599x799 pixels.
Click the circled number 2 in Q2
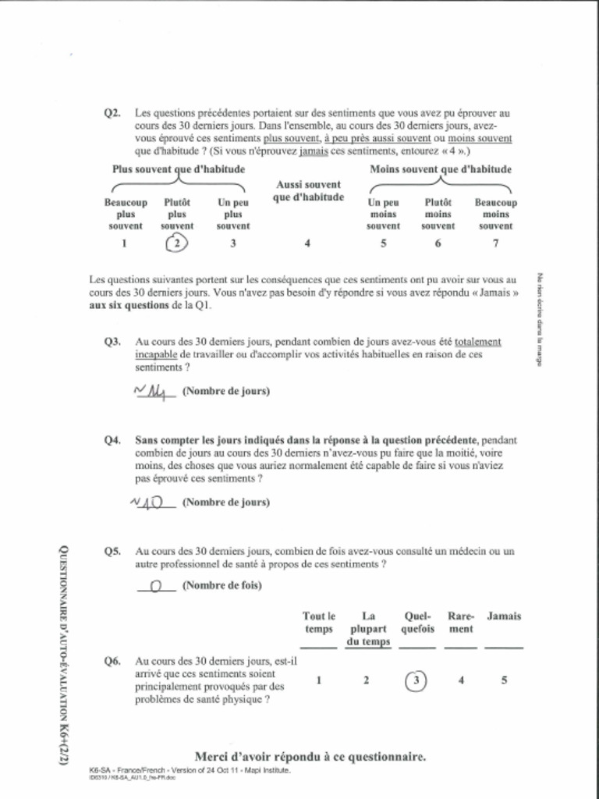coord(177,243)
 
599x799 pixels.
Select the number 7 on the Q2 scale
coord(495,243)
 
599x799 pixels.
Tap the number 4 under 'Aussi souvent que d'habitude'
coord(307,243)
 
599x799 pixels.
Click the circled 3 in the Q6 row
coord(416,680)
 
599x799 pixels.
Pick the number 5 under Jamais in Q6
coord(504,680)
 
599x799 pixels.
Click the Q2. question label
coord(112,113)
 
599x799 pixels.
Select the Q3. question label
coord(112,342)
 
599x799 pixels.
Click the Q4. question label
coord(112,440)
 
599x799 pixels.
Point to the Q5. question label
coord(112,551)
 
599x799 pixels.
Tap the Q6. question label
coord(112,661)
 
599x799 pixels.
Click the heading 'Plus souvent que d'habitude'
coord(179,169)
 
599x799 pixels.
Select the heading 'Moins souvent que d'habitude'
coord(440,169)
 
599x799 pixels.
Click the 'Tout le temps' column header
coord(318,623)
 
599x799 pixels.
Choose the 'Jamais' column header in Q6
coord(504,616)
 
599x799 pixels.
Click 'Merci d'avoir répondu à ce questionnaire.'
coord(310,756)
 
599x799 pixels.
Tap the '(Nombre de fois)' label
coord(222,585)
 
